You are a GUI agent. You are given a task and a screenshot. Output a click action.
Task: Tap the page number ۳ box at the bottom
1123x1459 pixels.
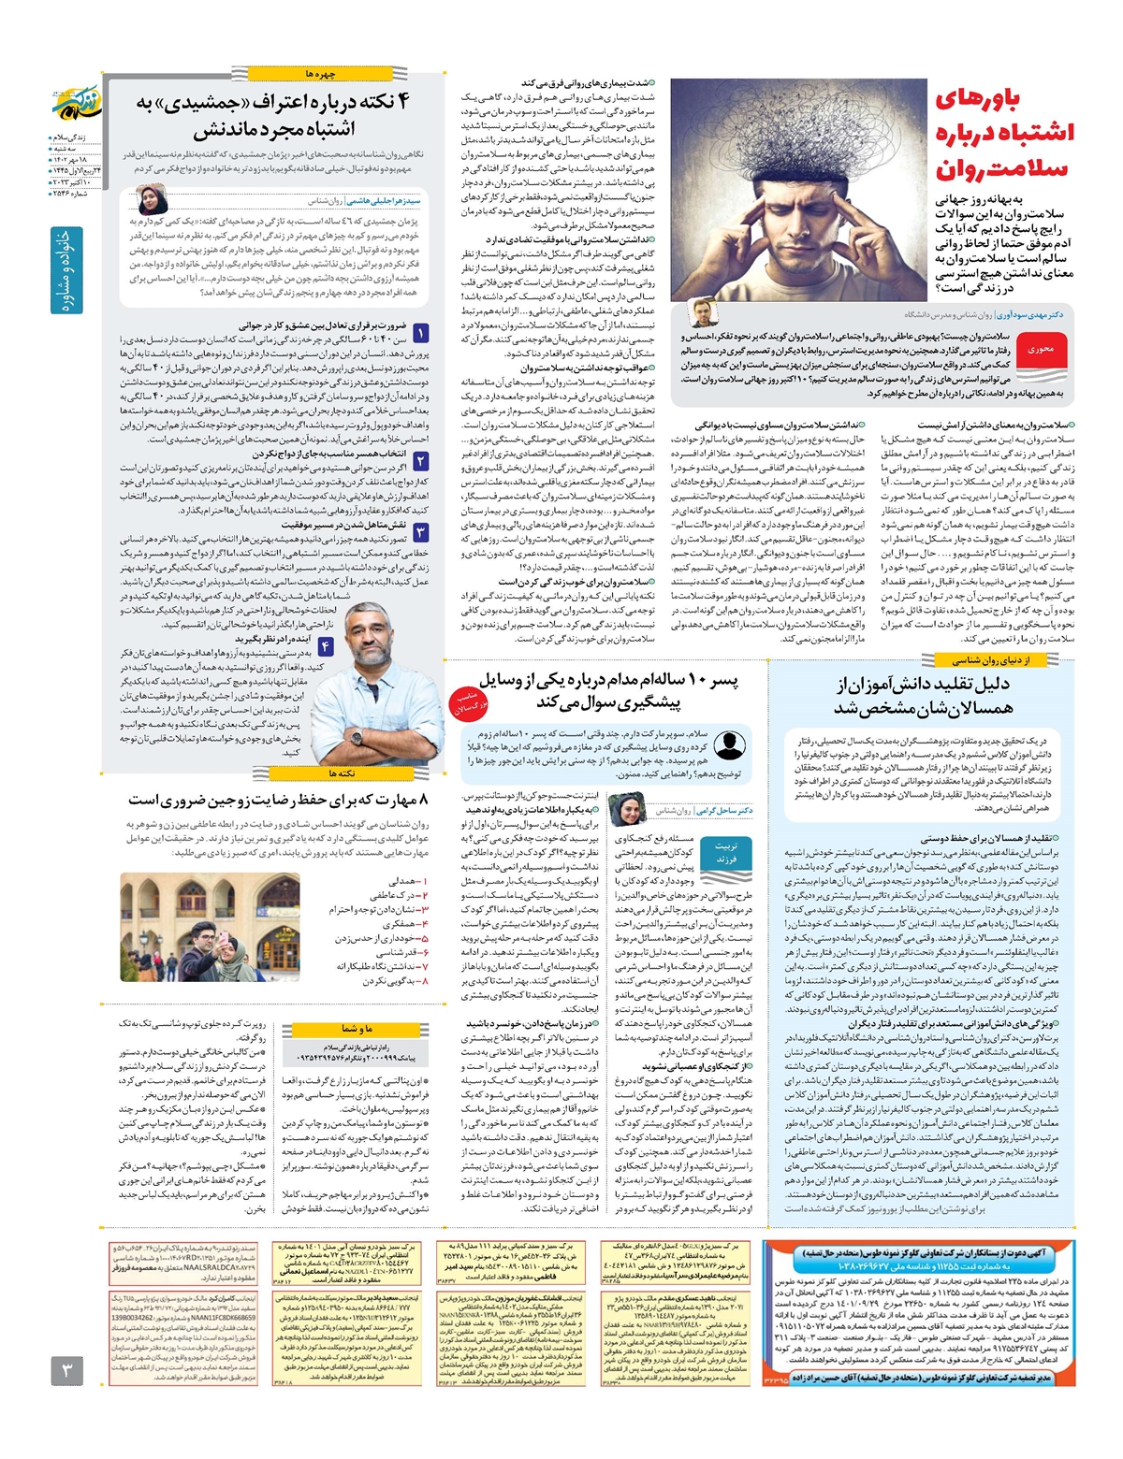tap(66, 1371)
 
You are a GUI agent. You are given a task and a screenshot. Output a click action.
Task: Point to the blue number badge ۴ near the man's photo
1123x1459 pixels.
tap(325, 646)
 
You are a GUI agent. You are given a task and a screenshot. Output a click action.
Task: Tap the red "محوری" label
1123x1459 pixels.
tap(1041, 349)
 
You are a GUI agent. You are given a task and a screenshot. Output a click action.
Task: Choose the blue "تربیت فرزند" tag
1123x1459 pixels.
tap(726, 851)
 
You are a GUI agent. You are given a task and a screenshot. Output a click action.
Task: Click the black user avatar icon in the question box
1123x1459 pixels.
tap(728, 747)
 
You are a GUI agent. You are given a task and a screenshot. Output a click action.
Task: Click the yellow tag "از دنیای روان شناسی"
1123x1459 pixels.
tap(991, 659)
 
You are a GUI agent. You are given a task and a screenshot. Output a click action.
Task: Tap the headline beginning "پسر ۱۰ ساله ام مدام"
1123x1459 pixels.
tap(608, 690)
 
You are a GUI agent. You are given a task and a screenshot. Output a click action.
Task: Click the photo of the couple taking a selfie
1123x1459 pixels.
tap(210, 927)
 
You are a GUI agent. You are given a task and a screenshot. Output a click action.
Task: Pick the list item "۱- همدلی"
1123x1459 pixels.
tap(407, 881)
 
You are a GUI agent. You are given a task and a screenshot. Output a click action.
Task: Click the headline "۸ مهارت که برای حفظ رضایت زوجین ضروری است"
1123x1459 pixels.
tap(278, 801)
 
